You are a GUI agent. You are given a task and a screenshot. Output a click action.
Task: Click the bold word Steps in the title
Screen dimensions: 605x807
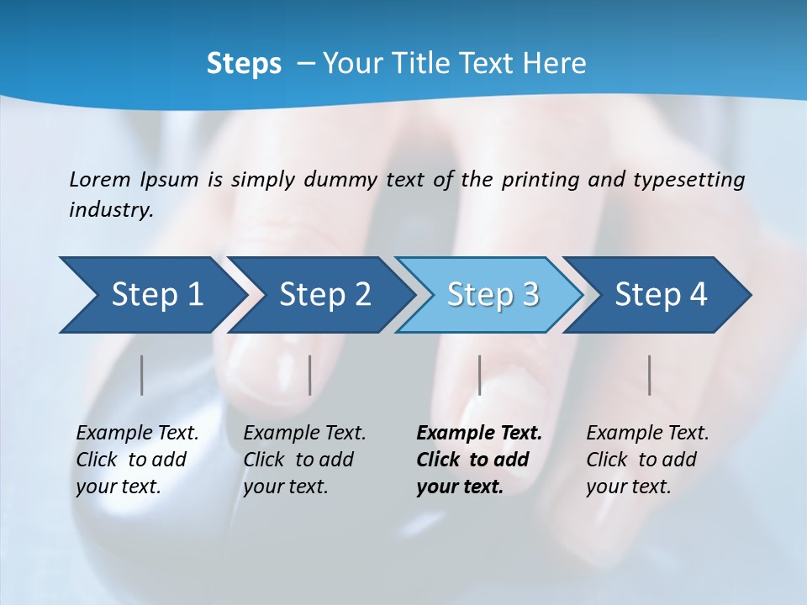point(244,64)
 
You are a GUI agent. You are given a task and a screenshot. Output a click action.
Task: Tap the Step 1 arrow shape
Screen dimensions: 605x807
point(156,295)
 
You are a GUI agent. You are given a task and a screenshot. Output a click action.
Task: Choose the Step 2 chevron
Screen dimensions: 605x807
point(324,295)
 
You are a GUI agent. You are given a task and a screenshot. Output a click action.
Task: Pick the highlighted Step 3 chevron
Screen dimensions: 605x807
point(493,295)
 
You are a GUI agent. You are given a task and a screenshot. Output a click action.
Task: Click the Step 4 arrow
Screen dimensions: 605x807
point(661,295)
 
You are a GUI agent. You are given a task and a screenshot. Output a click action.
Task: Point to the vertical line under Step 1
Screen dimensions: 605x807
point(142,375)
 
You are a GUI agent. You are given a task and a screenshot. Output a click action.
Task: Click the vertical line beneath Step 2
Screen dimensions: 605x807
point(310,375)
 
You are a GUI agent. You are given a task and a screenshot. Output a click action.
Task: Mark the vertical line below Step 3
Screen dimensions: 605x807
point(479,375)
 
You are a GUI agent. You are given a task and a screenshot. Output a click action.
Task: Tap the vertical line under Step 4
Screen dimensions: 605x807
point(650,375)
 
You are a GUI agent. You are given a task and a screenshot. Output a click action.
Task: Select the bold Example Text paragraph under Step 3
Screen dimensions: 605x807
point(478,460)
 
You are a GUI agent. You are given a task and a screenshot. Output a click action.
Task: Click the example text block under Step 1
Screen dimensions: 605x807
point(137,460)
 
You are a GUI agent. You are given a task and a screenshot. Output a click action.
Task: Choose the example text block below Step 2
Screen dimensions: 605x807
point(304,460)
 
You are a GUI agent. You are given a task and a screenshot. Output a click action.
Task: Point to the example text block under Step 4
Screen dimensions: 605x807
point(647,460)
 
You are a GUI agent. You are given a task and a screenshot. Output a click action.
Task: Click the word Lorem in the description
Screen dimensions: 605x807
point(100,179)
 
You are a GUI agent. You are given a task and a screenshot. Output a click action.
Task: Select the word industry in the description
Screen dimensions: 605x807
point(110,210)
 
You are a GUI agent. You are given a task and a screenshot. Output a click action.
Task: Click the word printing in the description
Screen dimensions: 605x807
point(540,179)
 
